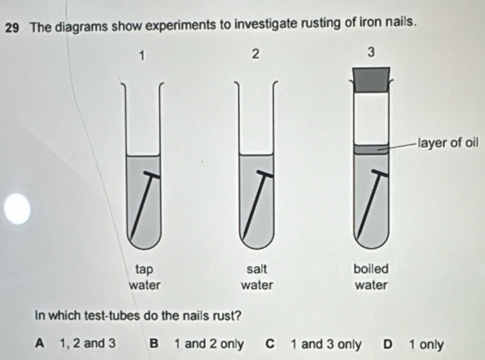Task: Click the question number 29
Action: coord(12,28)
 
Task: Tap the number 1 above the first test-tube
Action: coord(141,56)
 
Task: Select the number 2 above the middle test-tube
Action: coord(255,54)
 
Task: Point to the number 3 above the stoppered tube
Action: coord(371,53)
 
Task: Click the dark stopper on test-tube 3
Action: coord(371,80)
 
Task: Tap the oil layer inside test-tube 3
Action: coord(371,149)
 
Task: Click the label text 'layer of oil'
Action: coord(448,143)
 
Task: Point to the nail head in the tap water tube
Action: coord(151,174)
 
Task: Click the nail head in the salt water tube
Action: coord(265,173)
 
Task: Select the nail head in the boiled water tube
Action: coord(380,173)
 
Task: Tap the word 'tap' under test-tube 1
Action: coord(144,270)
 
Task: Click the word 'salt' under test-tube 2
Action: coord(257,269)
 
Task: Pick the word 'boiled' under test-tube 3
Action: coord(371,269)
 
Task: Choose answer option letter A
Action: coord(39,343)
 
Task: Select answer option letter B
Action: coord(154,344)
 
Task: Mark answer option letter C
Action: coord(270,344)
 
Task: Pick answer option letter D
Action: coord(388,344)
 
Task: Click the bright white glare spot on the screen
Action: coord(18,208)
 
